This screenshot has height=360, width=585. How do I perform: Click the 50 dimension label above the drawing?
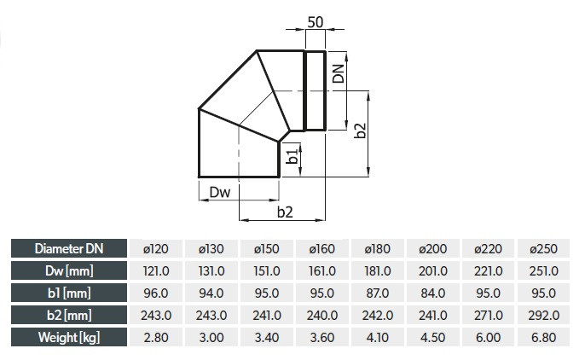(316, 22)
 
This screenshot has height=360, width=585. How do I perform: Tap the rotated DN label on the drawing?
(338, 73)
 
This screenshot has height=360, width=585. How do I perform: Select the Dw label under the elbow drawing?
(220, 192)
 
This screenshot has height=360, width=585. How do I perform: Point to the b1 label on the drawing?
(292, 156)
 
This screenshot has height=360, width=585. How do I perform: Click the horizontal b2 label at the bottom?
(285, 212)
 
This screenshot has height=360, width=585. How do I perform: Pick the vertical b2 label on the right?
(360, 131)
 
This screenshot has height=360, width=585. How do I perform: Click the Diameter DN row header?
(69, 248)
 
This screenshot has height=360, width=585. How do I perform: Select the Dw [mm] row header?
(69, 270)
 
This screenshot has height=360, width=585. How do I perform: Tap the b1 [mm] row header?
(69, 293)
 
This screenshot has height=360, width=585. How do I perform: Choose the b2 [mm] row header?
(69, 316)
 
